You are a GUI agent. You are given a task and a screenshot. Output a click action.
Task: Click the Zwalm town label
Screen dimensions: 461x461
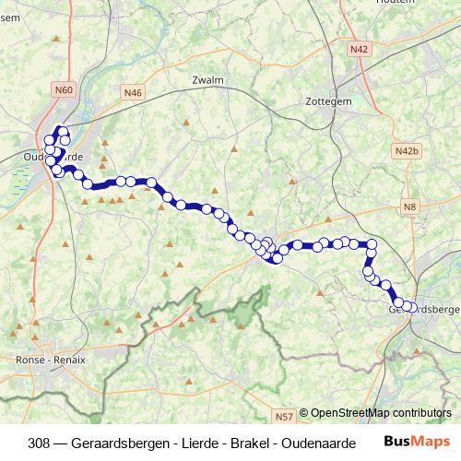click(208, 80)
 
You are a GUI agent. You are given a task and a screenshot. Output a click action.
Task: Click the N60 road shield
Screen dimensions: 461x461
click(64, 90)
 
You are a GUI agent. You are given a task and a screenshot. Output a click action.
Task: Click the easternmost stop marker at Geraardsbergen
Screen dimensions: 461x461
click(412, 307)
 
